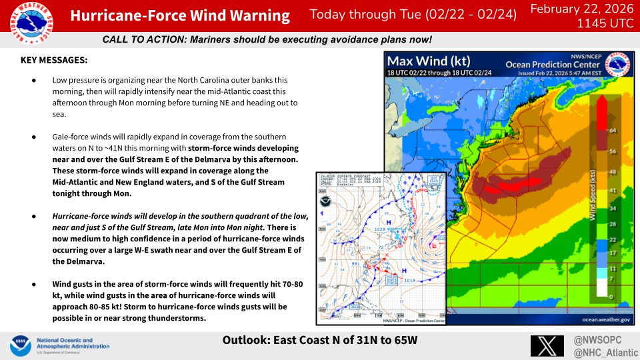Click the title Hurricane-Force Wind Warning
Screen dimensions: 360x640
pyautogui.click(x=180, y=17)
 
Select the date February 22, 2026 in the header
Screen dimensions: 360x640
pyautogui.click(x=579, y=8)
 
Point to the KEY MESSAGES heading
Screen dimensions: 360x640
pyautogui.click(x=54, y=60)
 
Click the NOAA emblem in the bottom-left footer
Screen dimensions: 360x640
pyautogui.click(x=19, y=346)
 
